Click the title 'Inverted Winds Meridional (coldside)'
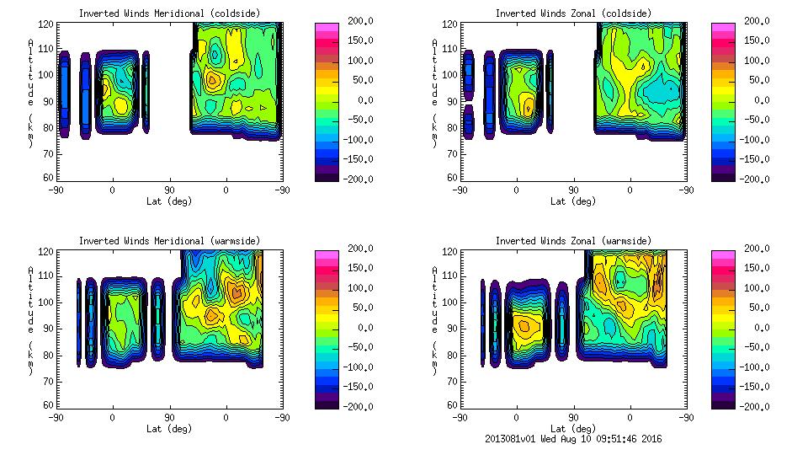point(169,13)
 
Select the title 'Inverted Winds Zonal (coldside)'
point(573,13)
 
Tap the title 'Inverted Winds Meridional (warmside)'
point(169,241)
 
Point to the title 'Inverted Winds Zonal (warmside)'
point(573,241)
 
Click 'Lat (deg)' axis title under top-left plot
point(169,201)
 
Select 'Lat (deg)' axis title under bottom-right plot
point(573,429)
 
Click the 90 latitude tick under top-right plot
point(573,190)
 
